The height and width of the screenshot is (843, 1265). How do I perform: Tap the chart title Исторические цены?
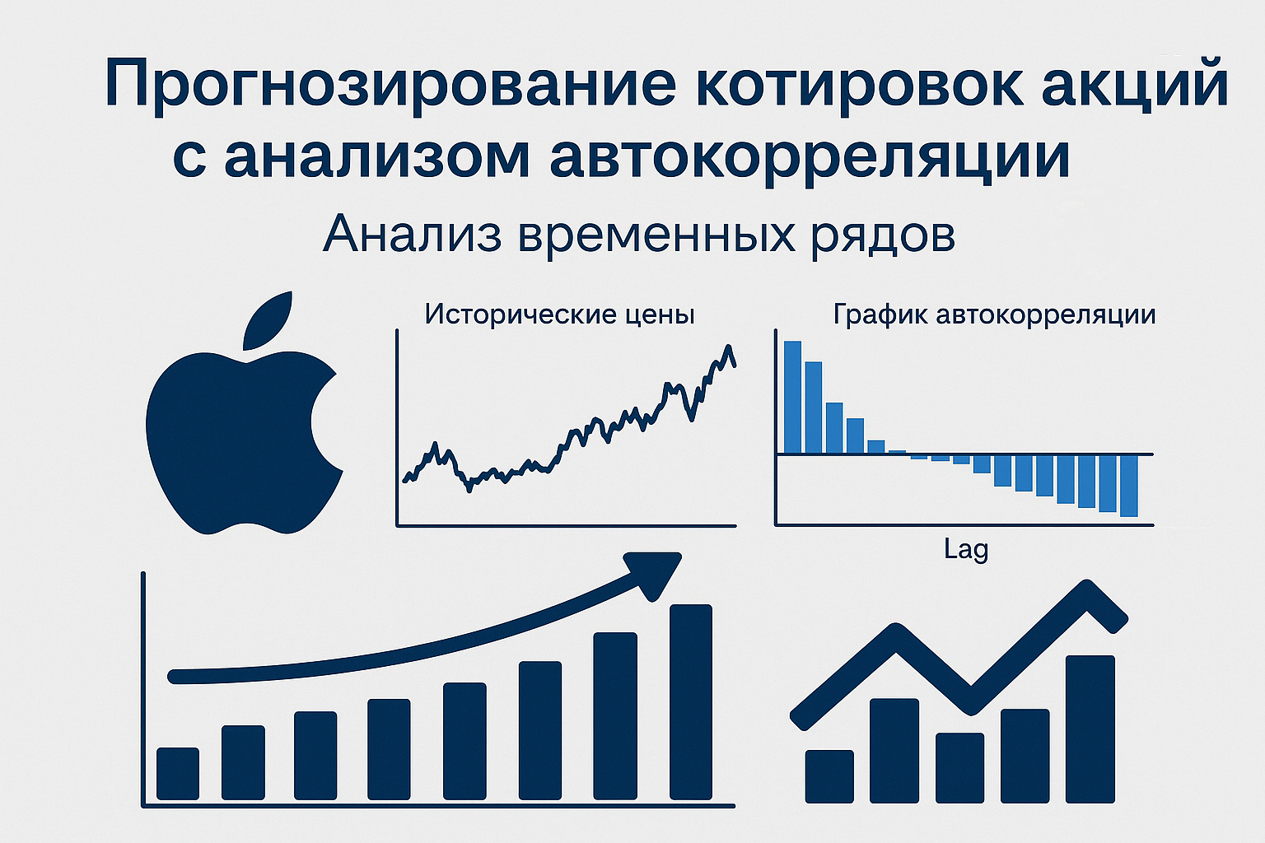coord(559,314)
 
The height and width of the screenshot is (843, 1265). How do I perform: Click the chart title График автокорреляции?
coord(994,314)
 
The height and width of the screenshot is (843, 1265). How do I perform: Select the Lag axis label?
coord(966,548)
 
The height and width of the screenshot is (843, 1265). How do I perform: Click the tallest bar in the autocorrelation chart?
coord(792,397)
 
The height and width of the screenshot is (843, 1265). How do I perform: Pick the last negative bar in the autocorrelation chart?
coord(1128,485)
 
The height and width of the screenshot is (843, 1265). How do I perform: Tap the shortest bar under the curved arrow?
coord(178,773)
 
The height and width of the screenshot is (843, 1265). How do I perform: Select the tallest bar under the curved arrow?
coord(691,701)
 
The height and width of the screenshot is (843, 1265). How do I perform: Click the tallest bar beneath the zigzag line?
coord(1090,729)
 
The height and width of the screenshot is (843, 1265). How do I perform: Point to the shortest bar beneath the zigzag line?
coord(829,775)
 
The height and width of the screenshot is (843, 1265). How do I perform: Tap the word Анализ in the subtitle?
coord(412,235)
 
